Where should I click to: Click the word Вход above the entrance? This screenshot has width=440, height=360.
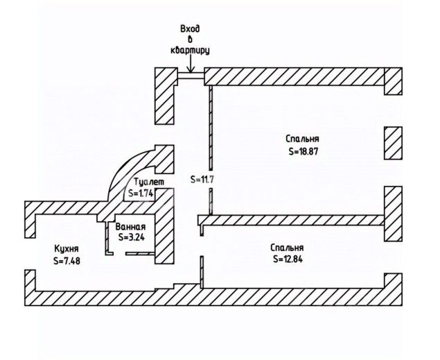pyautogui.click(x=190, y=29)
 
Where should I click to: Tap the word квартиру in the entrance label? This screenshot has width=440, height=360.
pyautogui.click(x=190, y=50)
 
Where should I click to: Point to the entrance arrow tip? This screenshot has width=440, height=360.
pyautogui.click(x=191, y=72)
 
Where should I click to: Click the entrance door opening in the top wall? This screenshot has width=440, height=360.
pyautogui.click(x=191, y=75)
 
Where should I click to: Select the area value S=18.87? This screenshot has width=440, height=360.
pyautogui.click(x=303, y=152)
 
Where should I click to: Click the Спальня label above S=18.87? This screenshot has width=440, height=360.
pyautogui.click(x=302, y=139)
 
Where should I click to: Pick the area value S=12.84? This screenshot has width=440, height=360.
pyautogui.click(x=288, y=259)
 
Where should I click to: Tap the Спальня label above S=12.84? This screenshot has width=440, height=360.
pyautogui.click(x=287, y=248)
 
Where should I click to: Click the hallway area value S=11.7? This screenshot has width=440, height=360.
pyautogui.click(x=202, y=179)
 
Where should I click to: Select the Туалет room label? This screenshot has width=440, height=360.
pyautogui.click(x=149, y=182)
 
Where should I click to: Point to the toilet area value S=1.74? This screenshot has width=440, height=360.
pyautogui.click(x=140, y=194)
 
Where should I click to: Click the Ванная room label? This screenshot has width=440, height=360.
pyautogui.click(x=131, y=227)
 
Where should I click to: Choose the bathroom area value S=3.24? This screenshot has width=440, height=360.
pyautogui.click(x=132, y=237)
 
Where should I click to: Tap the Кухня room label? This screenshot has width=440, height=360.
pyautogui.click(x=67, y=249)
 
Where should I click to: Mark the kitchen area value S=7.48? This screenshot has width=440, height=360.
pyautogui.click(x=67, y=261)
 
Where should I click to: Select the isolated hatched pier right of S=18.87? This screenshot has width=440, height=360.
pyautogui.click(x=393, y=143)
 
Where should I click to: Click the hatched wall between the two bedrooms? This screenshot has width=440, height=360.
pyautogui.click(x=291, y=220)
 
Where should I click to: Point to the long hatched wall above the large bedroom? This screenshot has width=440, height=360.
pyautogui.click(x=294, y=76)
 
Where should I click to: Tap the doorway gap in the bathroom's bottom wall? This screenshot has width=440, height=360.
pyautogui.click(x=119, y=254)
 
